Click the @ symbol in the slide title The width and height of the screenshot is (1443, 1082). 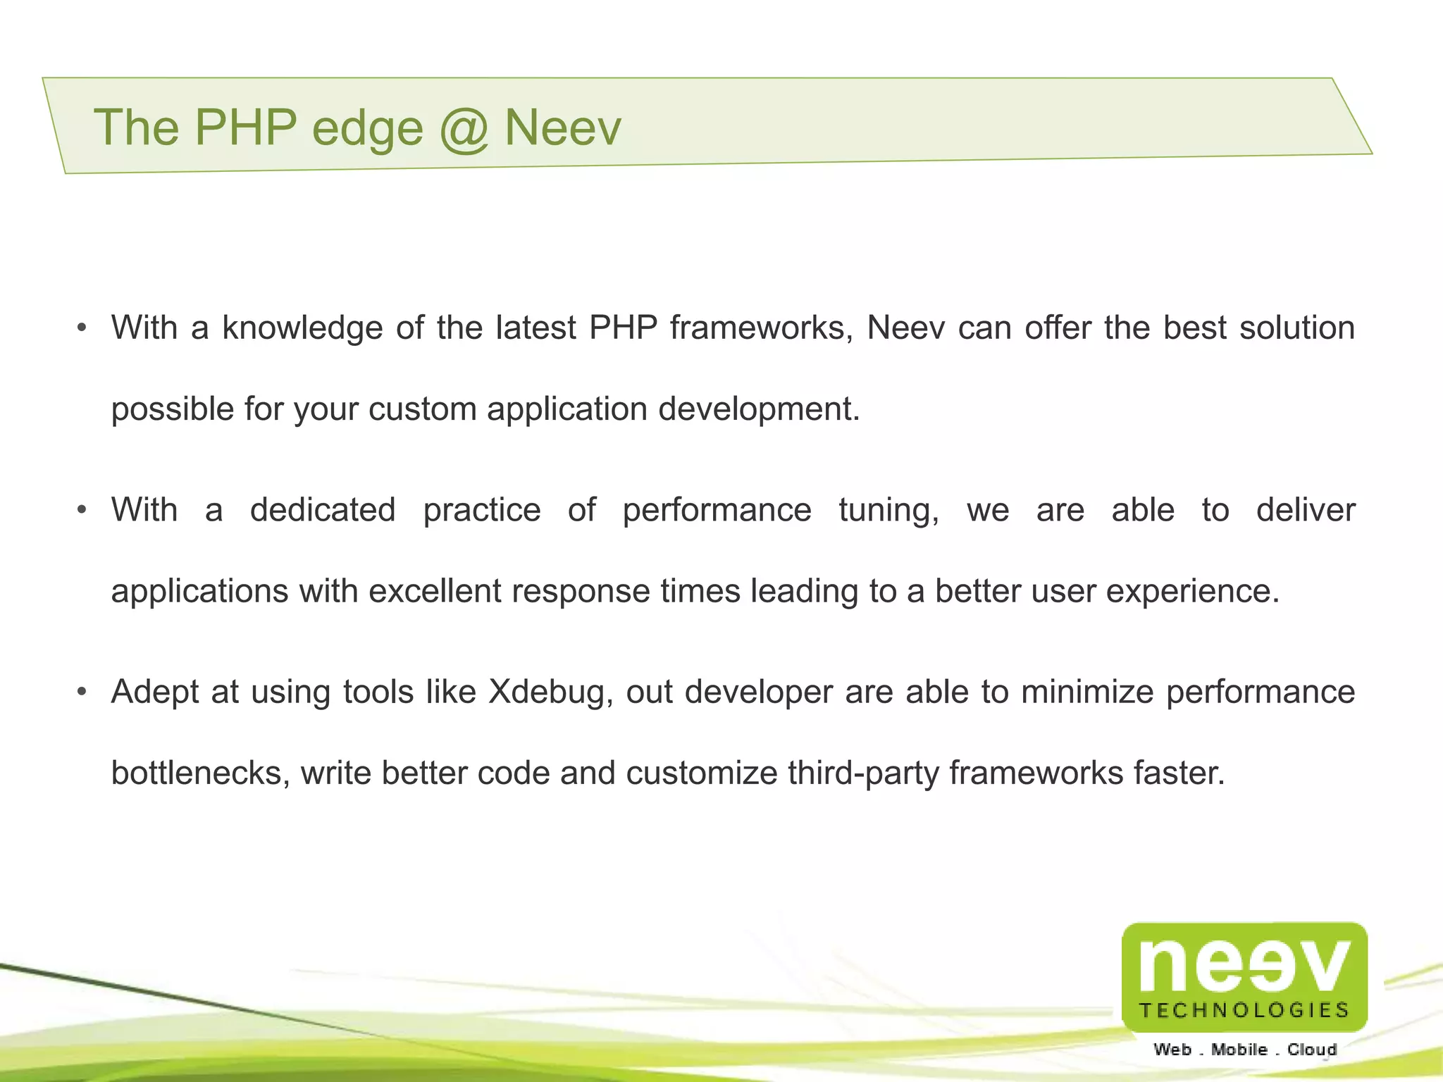[x=463, y=129]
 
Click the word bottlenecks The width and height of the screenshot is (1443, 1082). [x=201, y=773]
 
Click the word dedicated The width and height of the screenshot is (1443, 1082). [x=323, y=510]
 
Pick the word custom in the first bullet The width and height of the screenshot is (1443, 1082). [x=422, y=409]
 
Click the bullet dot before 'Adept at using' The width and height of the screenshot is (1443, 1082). [x=82, y=692]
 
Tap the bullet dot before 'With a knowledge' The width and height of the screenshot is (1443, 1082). [x=82, y=328]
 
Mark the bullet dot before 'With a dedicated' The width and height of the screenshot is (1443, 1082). [x=82, y=510]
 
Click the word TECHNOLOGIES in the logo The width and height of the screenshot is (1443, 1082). [x=1244, y=1010]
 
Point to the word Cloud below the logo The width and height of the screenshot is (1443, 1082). [x=1312, y=1050]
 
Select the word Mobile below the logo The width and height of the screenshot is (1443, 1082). [x=1239, y=1050]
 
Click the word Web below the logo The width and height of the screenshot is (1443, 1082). [x=1172, y=1050]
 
